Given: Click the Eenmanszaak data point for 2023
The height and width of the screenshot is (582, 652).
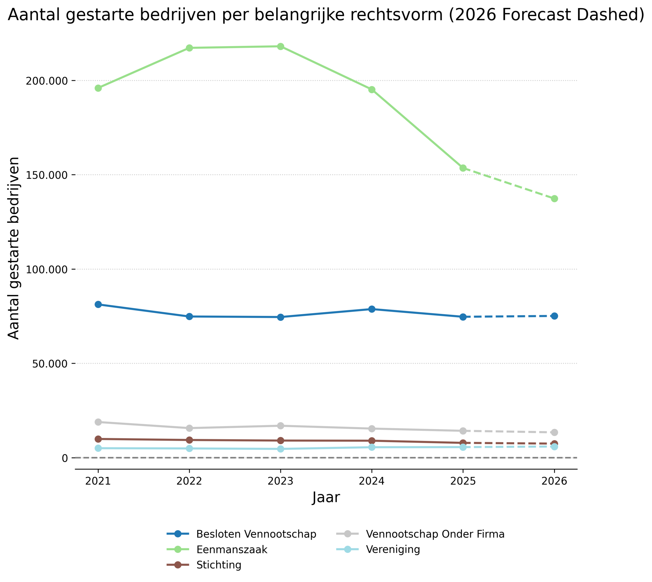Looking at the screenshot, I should tap(280, 47).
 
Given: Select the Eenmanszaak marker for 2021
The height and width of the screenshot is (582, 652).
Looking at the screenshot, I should tap(98, 88).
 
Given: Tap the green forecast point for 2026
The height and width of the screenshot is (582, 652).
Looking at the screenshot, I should tap(554, 199).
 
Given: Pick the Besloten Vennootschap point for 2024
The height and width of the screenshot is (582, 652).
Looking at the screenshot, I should tap(372, 309).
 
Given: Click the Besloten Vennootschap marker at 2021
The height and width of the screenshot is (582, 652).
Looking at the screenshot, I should tap(98, 305).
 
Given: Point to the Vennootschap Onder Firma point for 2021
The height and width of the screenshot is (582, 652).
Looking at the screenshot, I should tap(98, 422).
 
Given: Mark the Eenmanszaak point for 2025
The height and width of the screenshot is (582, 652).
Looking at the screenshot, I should tap(463, 168).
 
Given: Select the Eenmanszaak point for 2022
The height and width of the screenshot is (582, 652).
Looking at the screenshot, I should tap(189, 48).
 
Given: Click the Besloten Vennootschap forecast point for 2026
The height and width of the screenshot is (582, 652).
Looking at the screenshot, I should tap(554, 316).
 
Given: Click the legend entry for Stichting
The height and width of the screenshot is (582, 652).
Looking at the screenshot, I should tap(219, 565).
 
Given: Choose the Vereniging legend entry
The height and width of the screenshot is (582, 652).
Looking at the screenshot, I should tap(393, 549).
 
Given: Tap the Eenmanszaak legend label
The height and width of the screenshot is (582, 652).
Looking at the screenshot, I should tap(232, 549).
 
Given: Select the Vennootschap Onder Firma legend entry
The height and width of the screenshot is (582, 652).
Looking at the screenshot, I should tap(435, 534).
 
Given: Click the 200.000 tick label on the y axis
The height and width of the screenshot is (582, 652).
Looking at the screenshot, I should tap(47, 81).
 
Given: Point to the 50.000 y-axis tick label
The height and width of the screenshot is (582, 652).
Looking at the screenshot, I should tap(50, 364).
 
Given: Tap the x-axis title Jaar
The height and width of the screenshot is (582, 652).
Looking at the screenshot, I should tap(326, 498).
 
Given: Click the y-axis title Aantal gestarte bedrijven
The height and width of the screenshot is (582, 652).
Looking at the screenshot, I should tap(14, 248).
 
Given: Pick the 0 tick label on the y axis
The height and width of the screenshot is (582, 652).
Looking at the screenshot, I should tap(65, 458).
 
